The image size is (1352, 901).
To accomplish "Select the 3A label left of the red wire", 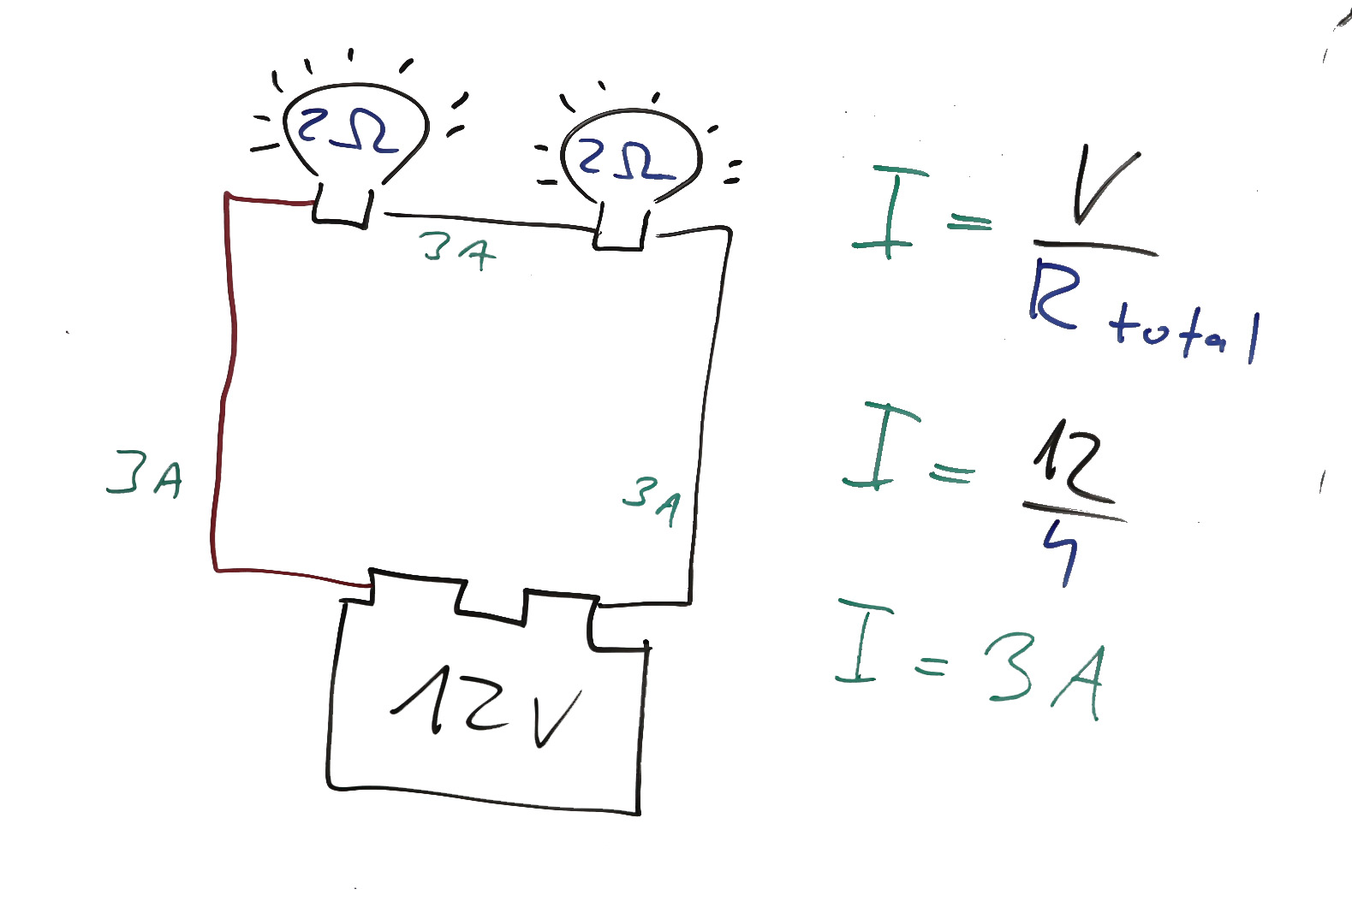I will click(144, 475).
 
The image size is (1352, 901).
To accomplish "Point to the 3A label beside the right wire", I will click(652, 500).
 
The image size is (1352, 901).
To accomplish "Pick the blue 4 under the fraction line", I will click(1062, 552).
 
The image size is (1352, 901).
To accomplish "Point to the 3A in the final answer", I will click(1044, 677).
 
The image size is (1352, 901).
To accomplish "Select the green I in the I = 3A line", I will click(864, 641).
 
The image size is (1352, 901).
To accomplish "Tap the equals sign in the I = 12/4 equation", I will click(952, 471).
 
